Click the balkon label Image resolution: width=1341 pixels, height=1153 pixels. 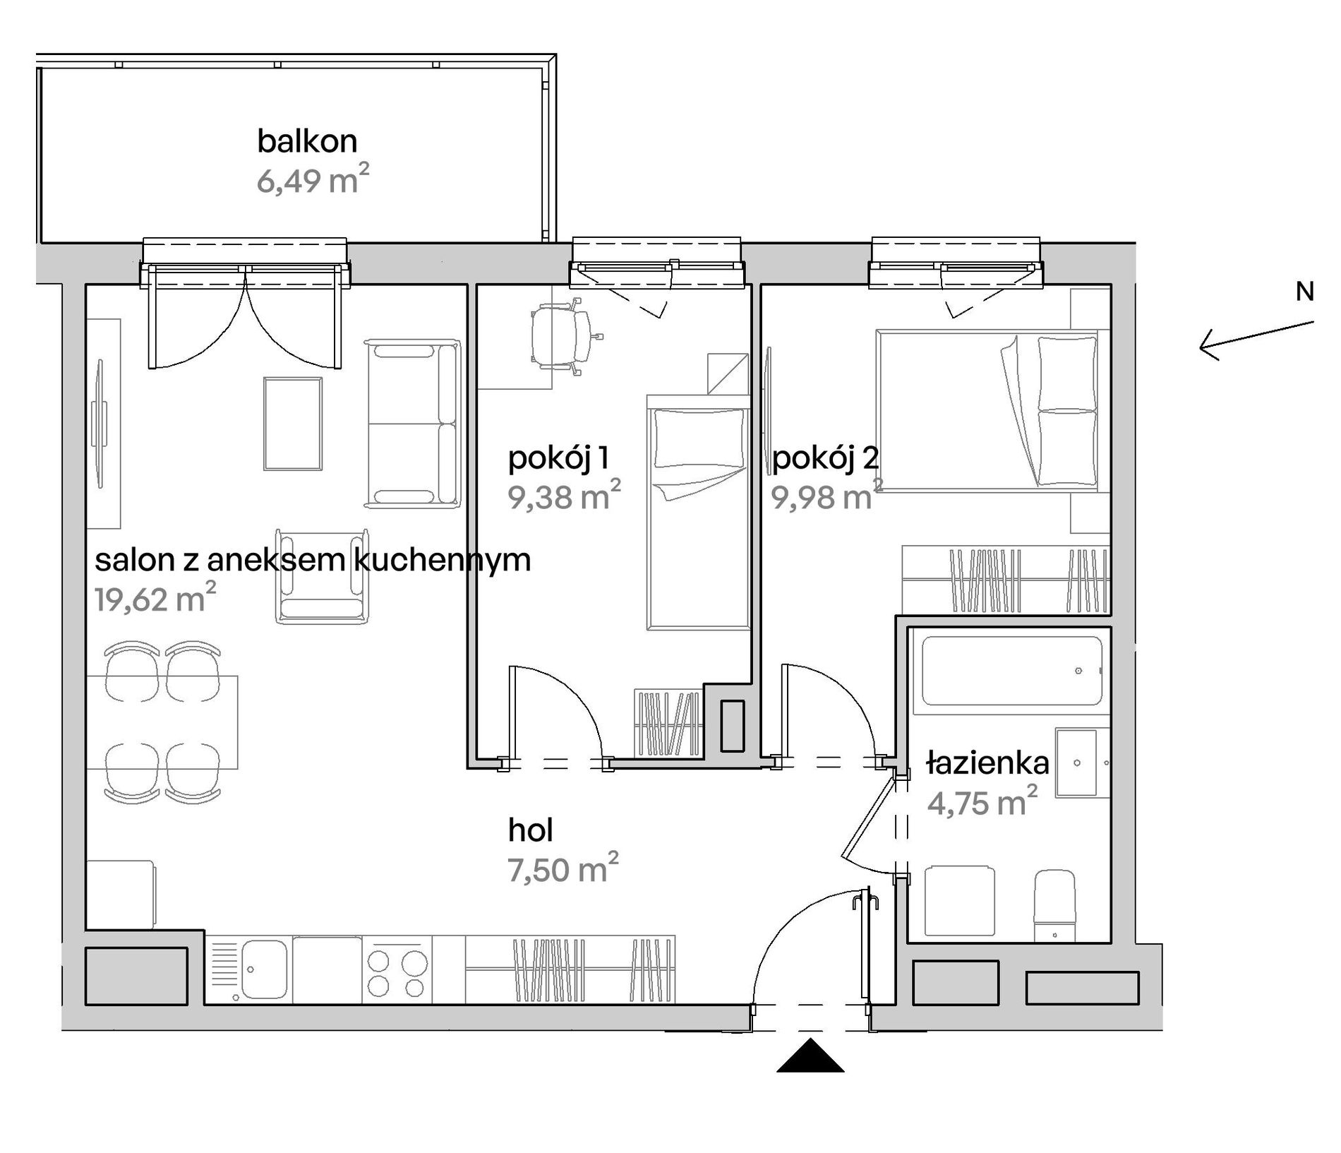pos(307,141)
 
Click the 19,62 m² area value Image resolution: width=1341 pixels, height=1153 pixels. pos(155,599)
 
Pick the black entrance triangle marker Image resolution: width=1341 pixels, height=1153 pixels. pos(810,1055)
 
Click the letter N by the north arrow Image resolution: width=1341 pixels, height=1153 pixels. pos(1304,292)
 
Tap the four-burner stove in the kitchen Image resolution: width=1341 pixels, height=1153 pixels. pos(397,969)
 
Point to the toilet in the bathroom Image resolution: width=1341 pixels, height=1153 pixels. pos(1054,906)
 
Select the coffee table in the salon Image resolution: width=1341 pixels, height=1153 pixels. pos(293,424)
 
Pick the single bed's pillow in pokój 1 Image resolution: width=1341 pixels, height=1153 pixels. pos(699,439)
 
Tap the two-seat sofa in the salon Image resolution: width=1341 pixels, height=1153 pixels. pos(412,424)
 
